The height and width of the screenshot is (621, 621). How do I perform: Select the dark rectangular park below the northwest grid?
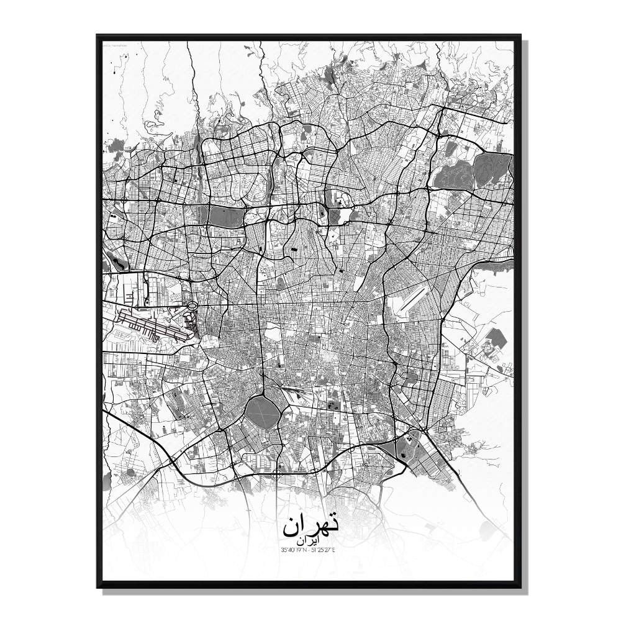coord(224,216)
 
